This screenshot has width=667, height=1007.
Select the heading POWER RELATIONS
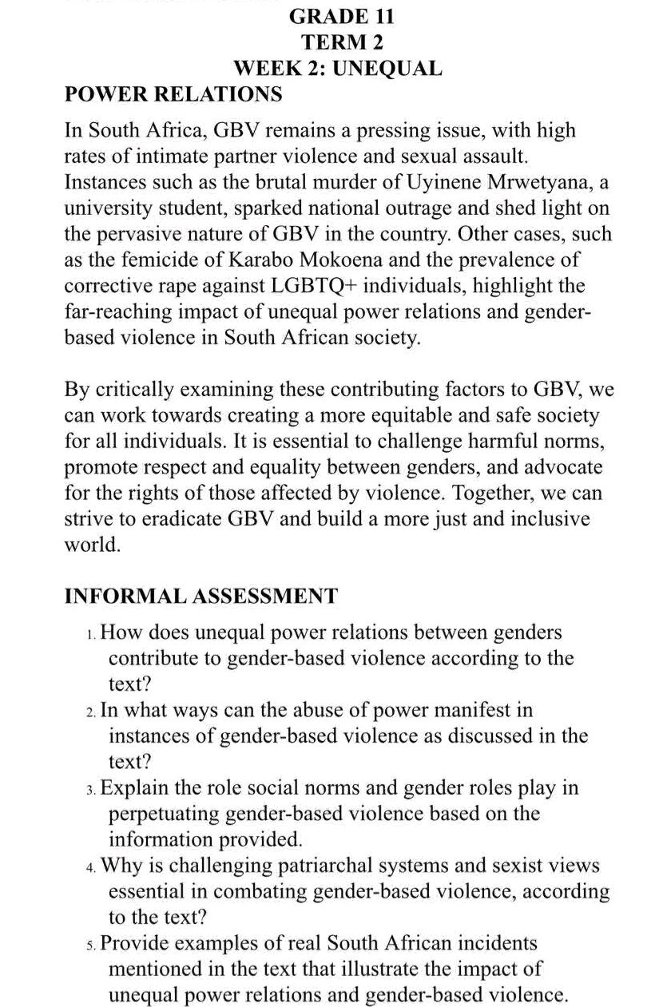pyautogui.click(x=173, y=95)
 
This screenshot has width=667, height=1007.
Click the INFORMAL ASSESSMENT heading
pyautogui.click(x=200, y=597)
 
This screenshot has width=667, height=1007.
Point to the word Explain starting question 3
pyautogui.click(x=136, y=788)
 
